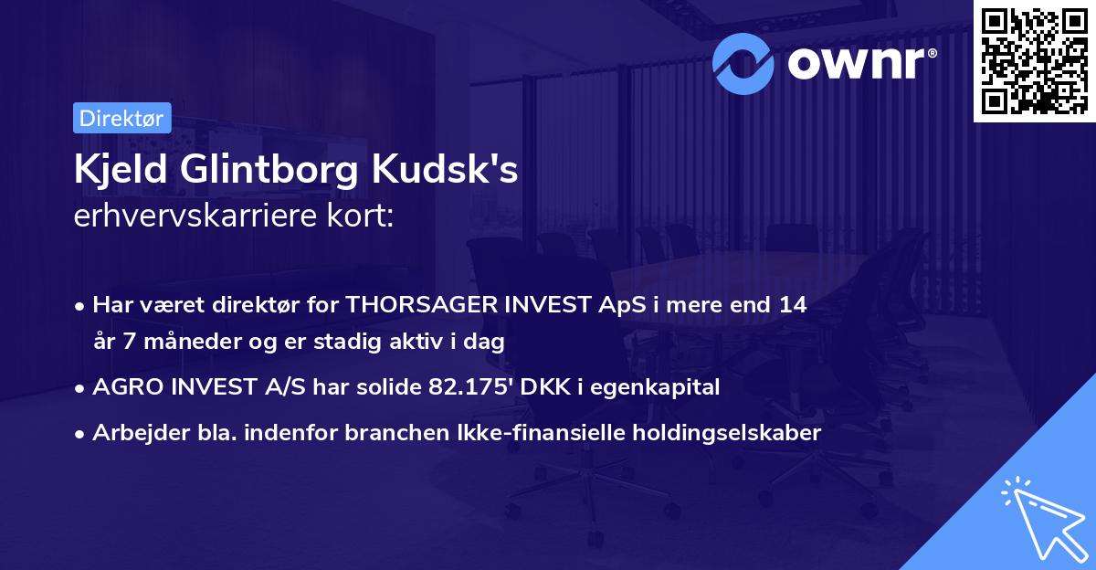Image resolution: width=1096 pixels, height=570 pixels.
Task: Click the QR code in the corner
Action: point(1035,61)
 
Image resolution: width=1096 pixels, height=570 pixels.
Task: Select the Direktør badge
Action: point(121,118)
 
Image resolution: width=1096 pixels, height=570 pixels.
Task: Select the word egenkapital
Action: point(663,387)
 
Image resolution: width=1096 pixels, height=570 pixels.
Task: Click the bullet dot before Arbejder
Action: point(81,434)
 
